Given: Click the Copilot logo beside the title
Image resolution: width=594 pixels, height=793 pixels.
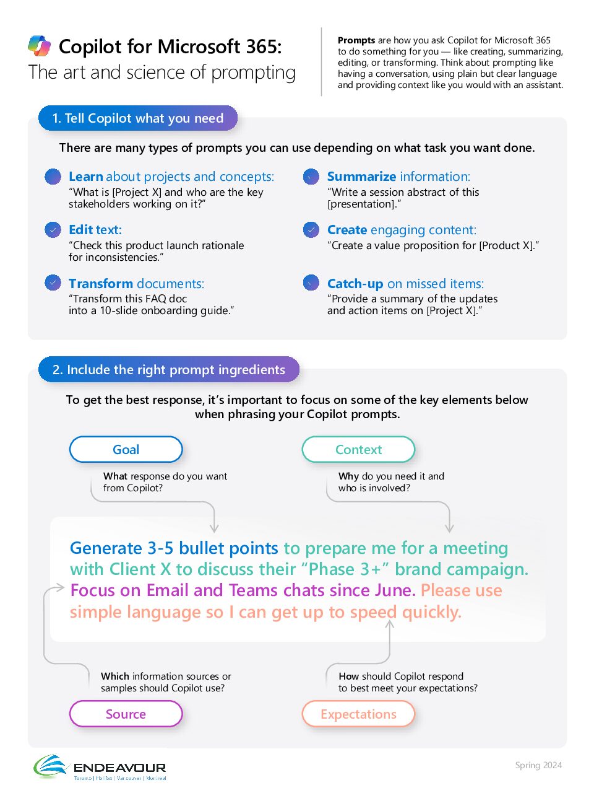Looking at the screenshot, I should coord(39,46).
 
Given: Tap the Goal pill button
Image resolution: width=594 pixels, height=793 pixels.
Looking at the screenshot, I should coord(126,450).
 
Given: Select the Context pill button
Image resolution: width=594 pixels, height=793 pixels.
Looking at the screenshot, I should coord(358,450).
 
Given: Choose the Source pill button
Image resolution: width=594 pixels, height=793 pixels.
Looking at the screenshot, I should coord(126,714).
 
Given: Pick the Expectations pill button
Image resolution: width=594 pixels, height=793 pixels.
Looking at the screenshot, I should coord(358,714).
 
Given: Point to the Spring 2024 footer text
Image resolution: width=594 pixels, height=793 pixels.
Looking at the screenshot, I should coord(538,765).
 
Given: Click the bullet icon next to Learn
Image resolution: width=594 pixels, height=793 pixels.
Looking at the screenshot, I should coord(53,177).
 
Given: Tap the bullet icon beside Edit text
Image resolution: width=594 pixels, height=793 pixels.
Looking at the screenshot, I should coord(53,230).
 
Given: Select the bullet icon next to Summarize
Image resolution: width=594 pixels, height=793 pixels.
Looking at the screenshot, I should coord(311,177).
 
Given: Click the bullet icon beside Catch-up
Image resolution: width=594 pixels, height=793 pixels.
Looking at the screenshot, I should coord(311,283).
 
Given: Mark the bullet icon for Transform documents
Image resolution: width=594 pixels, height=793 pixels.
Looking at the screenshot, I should coord(53,283).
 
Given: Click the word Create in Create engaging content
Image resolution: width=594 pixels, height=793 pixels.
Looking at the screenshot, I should coord(347,230).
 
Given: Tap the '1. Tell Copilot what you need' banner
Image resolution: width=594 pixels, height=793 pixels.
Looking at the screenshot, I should coord(137,118).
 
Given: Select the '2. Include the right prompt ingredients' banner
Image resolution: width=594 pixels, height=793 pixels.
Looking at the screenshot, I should coord(168,370).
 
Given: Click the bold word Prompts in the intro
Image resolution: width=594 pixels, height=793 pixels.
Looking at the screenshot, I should coord(356,40).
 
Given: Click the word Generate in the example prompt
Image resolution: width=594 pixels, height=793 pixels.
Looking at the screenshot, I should coord(106,548).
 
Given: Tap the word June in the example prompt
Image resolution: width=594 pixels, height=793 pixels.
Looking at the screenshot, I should coord(393,590).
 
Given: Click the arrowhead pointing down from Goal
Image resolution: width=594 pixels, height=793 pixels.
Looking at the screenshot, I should coord(214,528).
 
